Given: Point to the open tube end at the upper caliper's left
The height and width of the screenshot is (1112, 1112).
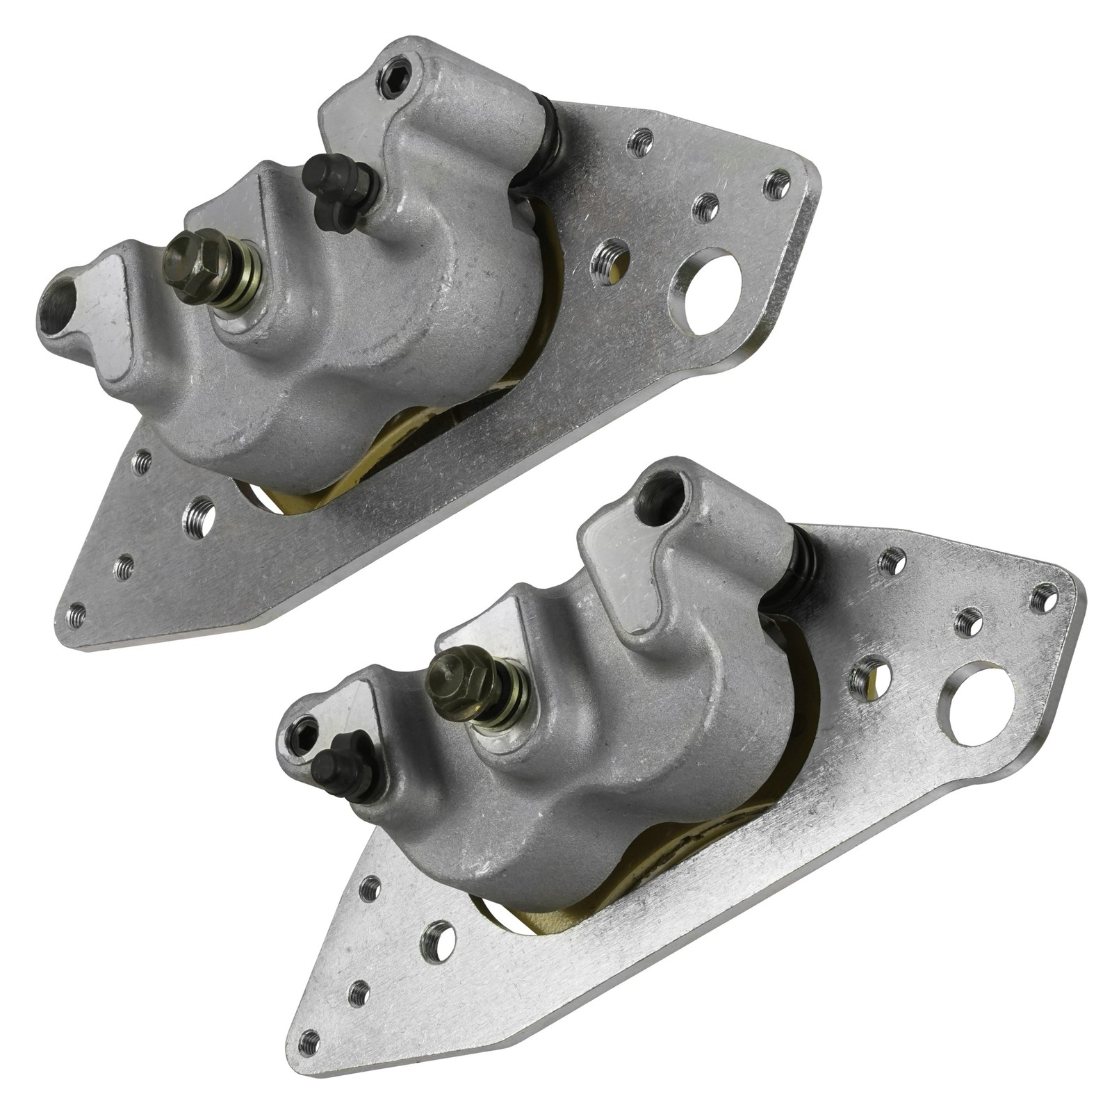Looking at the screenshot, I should [57, 303].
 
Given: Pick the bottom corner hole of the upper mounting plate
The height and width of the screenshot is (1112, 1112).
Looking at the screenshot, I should [76, 614].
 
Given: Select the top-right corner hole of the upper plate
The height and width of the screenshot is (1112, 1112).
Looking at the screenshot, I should [776, 183].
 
